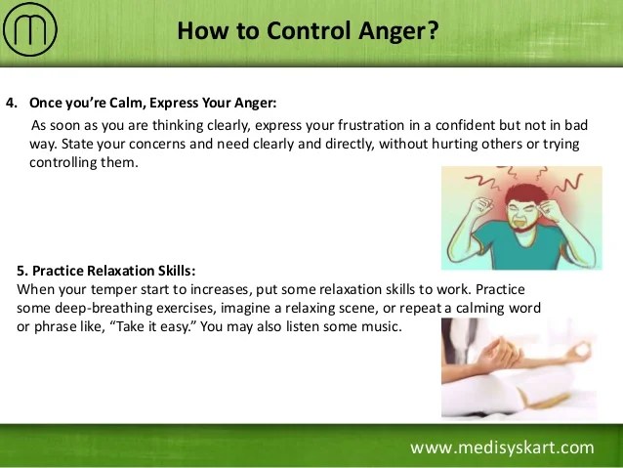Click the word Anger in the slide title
[x=389, y=31]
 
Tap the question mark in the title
[x=430, y=30]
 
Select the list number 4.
[x=12, y=103]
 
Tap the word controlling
[x=62, y=162]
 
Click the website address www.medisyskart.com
[x=502, y=447]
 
